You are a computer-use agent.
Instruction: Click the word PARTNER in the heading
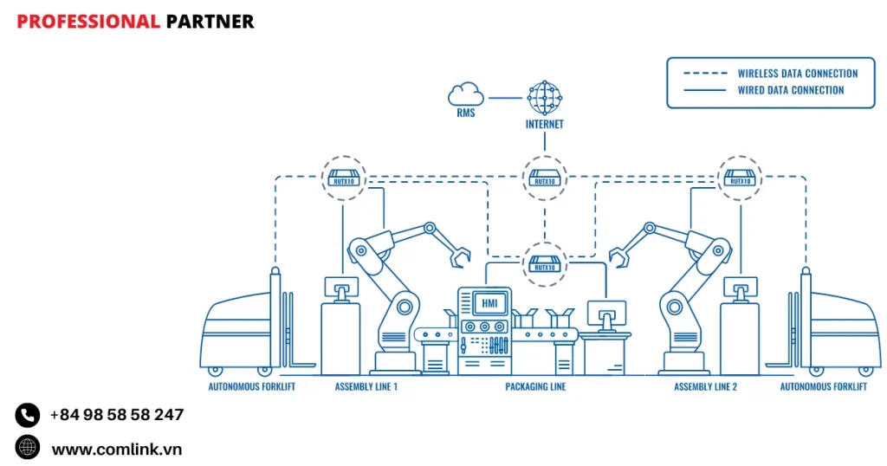tap(210, 22)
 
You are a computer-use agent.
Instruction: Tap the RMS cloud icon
tap(466, 94)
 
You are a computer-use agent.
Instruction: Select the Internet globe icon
tap(544, 98)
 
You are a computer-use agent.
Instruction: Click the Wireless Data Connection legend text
tap(797, 74)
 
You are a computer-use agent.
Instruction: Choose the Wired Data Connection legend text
tap(790, 90)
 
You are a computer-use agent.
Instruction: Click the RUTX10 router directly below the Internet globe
tap(544, 178)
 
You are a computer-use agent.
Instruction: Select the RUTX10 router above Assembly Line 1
tap(344, 178)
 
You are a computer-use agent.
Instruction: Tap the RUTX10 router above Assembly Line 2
tap(739, 178)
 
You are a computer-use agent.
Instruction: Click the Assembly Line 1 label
tap(366, 386)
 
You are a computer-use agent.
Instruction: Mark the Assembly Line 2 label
tap(705, 386)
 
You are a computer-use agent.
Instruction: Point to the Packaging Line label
tap(535, 386)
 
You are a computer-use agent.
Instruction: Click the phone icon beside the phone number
tap(28, 415)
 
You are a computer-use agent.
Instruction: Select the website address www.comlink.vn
tap(116, 449)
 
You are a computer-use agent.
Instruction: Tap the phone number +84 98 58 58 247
tap(116, 415)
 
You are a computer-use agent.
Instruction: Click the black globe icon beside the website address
tap(28, 448)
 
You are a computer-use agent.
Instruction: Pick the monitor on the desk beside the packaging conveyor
tap(606, 314)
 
